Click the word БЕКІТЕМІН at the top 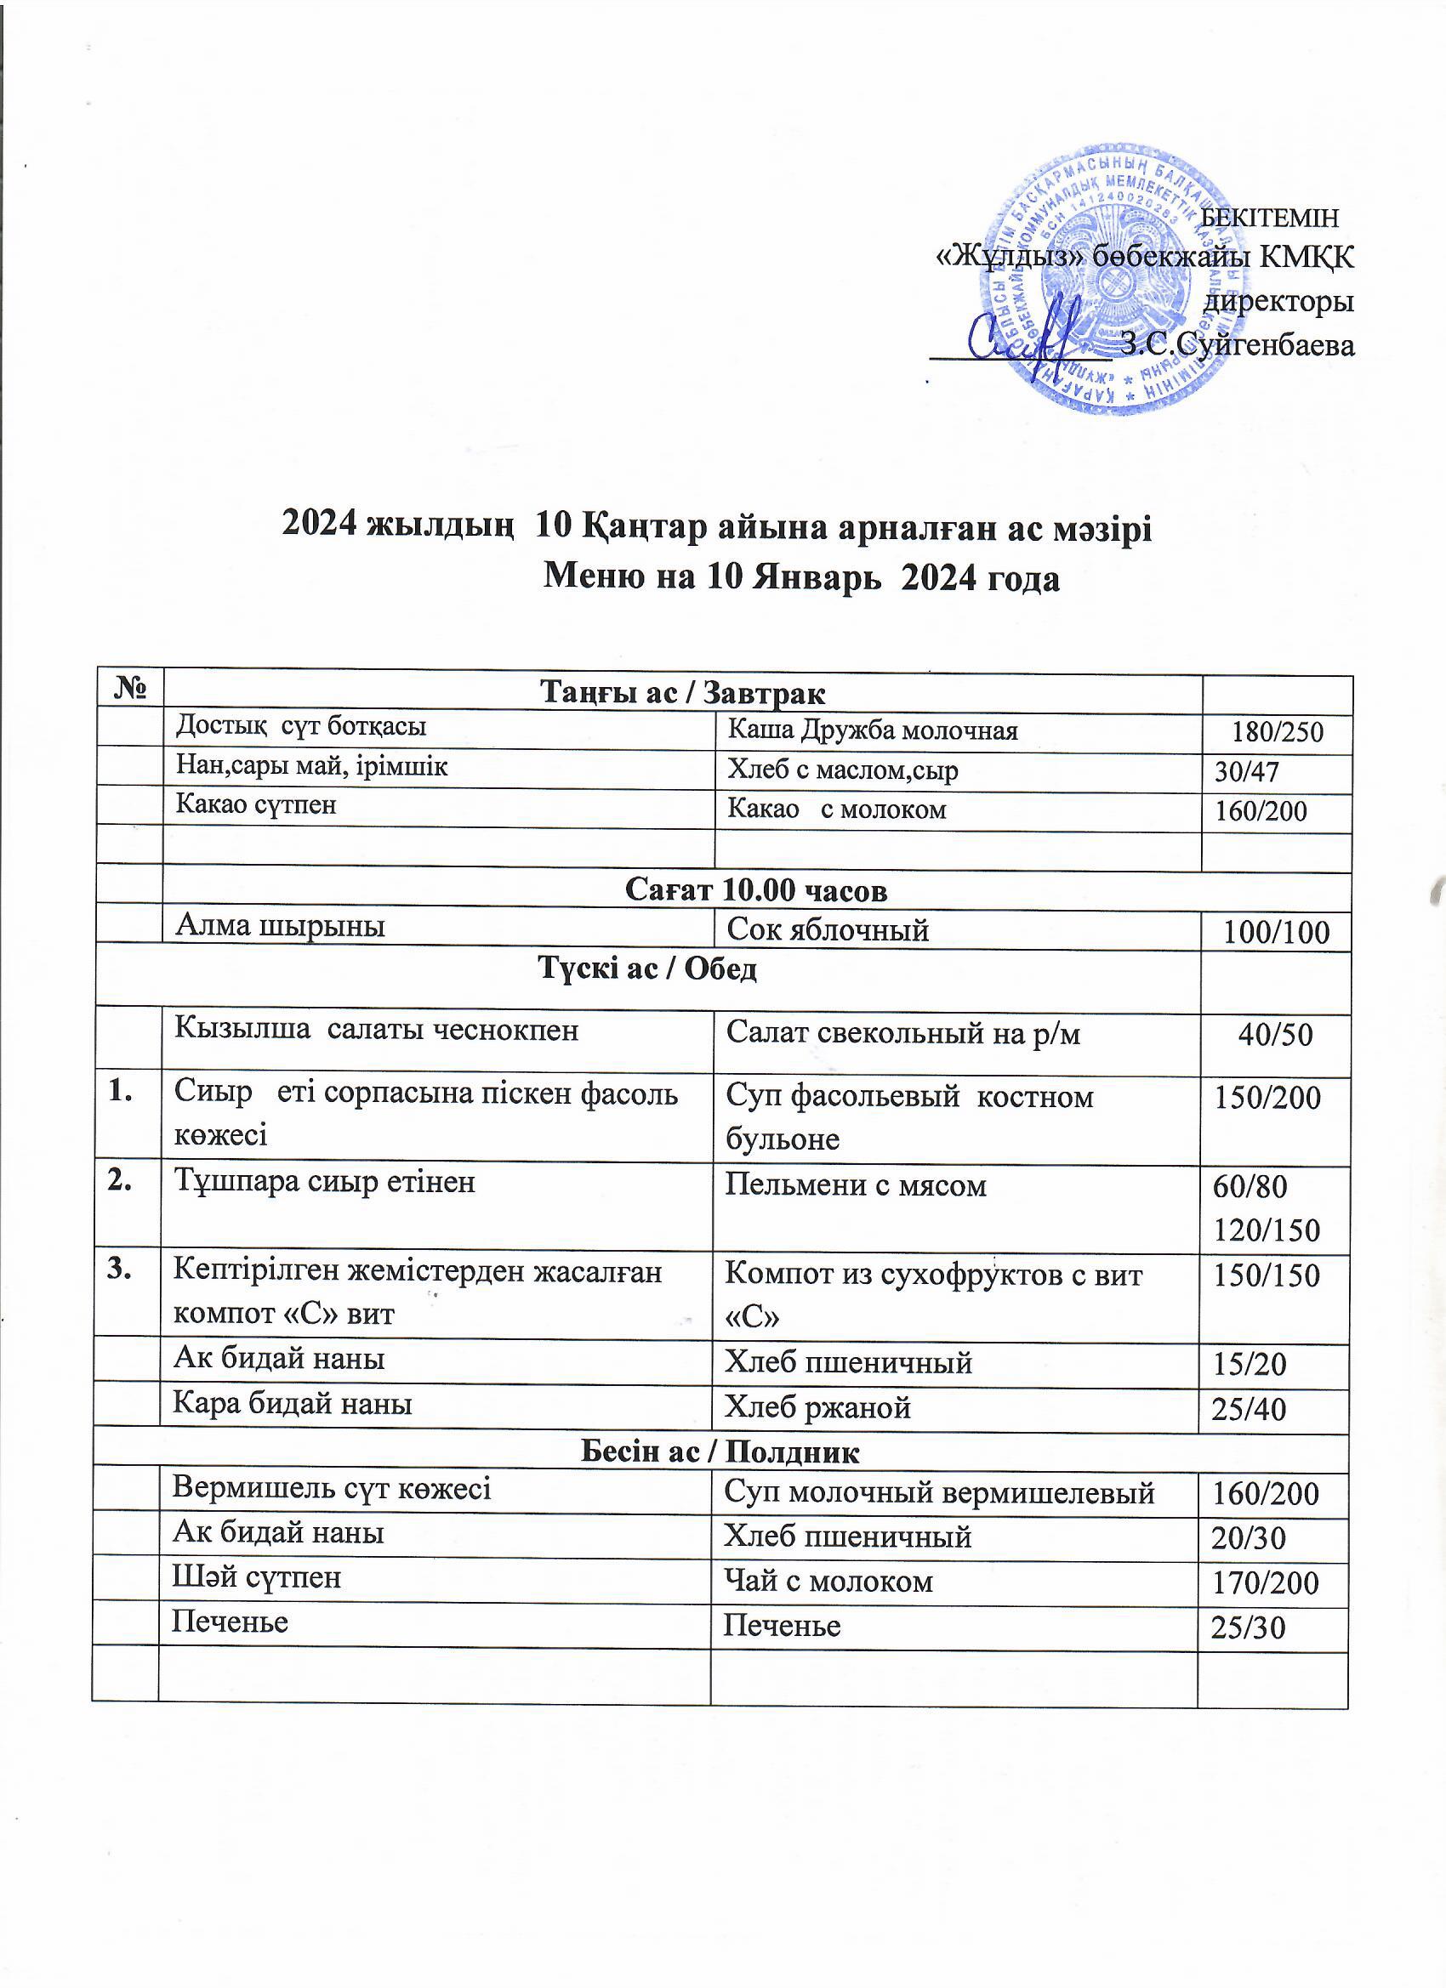1269,216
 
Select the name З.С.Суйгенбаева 1238,345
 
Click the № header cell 129,690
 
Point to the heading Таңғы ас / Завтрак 682,693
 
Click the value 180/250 1277,732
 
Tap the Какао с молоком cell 837,809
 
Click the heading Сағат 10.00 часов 756,890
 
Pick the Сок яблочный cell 828,929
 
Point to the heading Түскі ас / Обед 647,968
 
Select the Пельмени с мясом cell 855,1186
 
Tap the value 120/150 1267,1230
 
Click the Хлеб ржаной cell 817,1408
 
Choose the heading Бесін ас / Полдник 720,1451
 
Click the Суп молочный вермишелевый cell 938,1493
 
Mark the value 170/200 1265,1582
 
